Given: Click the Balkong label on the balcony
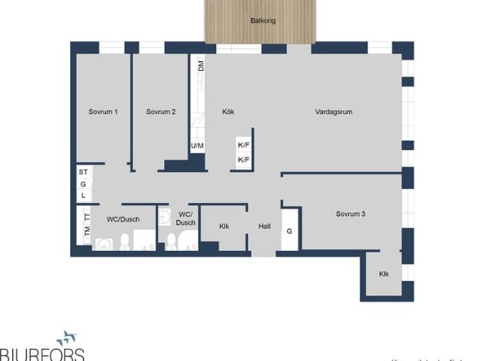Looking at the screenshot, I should pos(263,20).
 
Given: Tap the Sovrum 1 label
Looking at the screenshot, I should pos(103,112).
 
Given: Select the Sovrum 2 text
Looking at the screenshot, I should pos(161,112).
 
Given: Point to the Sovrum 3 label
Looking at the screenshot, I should pos(350,214).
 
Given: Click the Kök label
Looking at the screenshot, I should pos(228,112).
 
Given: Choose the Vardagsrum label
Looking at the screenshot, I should pos(334,112).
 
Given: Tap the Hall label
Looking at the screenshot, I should pos(264,226).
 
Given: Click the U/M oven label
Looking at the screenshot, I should pos(197,145).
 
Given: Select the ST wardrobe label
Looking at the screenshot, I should pos(84,173).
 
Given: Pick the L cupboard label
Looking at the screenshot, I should pos(84,195).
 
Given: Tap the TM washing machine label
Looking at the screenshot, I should pos(87,231).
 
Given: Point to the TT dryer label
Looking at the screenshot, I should pos(87,217).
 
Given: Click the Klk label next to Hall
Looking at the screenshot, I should pos(224,226).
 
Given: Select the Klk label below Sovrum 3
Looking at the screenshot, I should pos(384,274).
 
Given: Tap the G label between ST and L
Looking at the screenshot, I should pos(84,184).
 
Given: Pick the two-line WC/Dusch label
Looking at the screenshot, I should pos(185,219).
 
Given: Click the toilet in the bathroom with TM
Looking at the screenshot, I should pos(125,241).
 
